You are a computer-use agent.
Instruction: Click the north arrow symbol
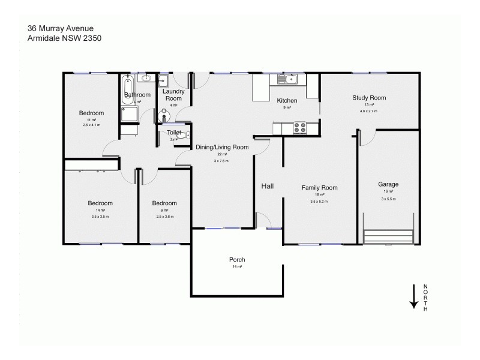[413, 296]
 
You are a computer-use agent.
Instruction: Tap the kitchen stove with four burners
[299, 127]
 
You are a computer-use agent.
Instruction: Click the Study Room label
[368, 98]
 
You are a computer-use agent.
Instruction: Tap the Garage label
[388, 184]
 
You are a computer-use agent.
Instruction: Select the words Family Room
[319, 188]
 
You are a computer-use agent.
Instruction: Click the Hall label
[267, 187]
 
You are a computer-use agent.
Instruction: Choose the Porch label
[237, 260]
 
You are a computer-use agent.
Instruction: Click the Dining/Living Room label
[222, 147]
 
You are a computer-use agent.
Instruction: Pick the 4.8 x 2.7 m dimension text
[368, 111]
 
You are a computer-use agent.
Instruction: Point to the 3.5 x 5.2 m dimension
[319, 202]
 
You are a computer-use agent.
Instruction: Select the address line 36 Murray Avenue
[60, 28]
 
